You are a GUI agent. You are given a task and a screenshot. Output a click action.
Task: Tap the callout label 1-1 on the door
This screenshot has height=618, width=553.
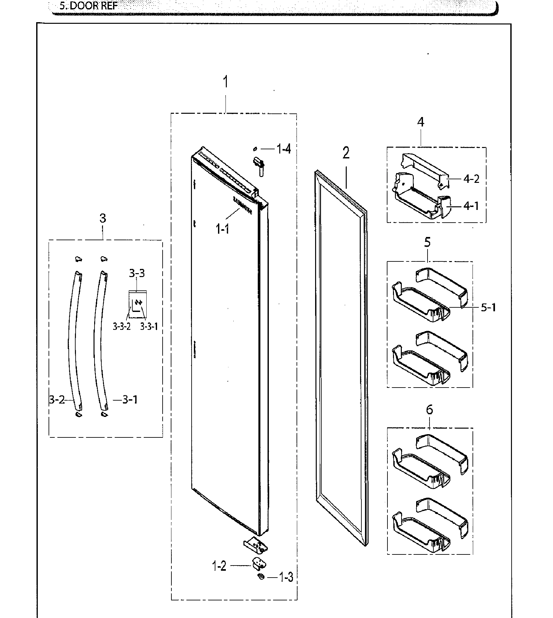(x=222, y=229)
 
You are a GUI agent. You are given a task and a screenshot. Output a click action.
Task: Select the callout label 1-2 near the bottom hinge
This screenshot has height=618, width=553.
(x=219, y=566)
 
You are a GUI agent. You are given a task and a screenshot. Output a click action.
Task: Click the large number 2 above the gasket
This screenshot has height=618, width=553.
(x=346, y=153)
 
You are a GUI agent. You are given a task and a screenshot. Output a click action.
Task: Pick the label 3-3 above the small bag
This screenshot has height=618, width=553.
(x=137, y=273)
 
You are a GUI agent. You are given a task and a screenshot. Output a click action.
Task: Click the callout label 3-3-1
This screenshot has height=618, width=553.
(x=149, y=326)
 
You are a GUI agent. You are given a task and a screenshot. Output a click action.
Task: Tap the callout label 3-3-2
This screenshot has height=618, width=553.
(x=122, y=326)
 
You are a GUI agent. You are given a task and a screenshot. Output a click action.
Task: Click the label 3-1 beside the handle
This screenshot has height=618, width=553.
(x=130, y=400)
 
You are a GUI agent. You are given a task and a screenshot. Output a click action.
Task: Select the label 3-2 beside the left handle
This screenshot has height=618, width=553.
(x=57, y=400)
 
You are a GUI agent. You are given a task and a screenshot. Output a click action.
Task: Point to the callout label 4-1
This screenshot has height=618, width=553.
(x=471, y=206)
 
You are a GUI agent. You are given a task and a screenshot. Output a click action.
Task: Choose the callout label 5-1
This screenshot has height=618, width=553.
(x=488, y=307)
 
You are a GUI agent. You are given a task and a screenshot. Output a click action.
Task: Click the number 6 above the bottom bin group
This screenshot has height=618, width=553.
(x=429, y=410)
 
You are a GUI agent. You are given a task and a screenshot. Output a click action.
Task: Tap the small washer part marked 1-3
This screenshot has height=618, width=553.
(x=260, y=577)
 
